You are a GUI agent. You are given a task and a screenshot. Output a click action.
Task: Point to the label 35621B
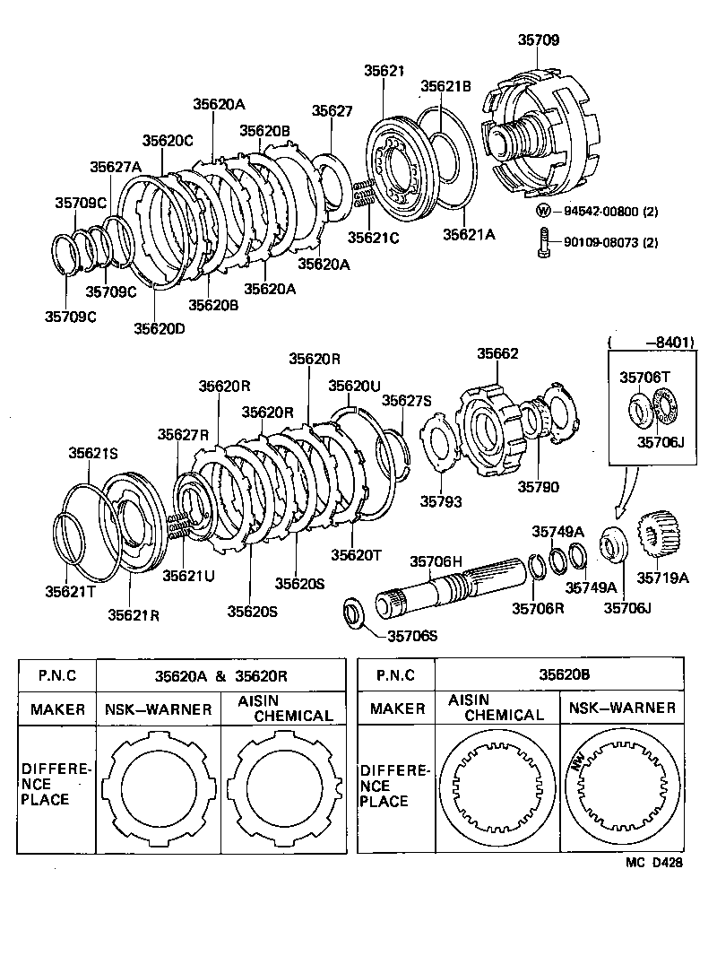coord(445,86)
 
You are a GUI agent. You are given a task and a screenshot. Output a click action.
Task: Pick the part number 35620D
coord(160,328)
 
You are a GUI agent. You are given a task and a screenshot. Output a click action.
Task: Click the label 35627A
coord(115,167)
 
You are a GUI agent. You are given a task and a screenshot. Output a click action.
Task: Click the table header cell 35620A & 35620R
coord(220,675)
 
